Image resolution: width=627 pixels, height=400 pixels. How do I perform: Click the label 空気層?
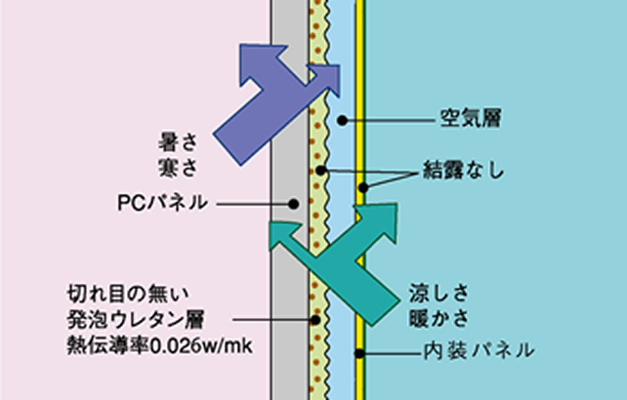pos(471,118)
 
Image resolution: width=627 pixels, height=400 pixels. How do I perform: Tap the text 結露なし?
pos(464,170)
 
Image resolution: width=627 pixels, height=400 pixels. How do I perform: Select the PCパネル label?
pos(162,203)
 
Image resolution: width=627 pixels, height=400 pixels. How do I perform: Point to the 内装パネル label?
pos(480,350)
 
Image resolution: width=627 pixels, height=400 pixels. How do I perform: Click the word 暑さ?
pos(178,142)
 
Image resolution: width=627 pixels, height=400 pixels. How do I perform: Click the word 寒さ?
pos(178,167)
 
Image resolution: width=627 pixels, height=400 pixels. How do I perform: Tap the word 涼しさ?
pos(439,294)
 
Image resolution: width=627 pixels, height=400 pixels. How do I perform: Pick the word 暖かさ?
pos(439,318)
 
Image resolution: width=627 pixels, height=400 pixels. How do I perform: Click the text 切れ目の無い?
pos(128,295)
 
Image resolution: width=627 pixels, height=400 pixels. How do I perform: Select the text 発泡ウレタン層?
pos(136,319)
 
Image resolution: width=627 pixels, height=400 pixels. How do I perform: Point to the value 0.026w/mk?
pos(201,345)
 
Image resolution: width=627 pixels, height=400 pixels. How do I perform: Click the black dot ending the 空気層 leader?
pos(342,120)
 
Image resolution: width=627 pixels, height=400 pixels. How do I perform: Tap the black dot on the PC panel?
pos(294,204)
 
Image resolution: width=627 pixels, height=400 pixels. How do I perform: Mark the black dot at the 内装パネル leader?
pos(359,353)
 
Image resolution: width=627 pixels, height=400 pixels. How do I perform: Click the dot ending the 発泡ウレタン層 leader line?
pos(315,320)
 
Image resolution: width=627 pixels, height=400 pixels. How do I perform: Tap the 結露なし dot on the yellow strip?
pos(363,187)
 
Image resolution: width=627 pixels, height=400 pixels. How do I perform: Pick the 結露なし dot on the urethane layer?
pos(320,171)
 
